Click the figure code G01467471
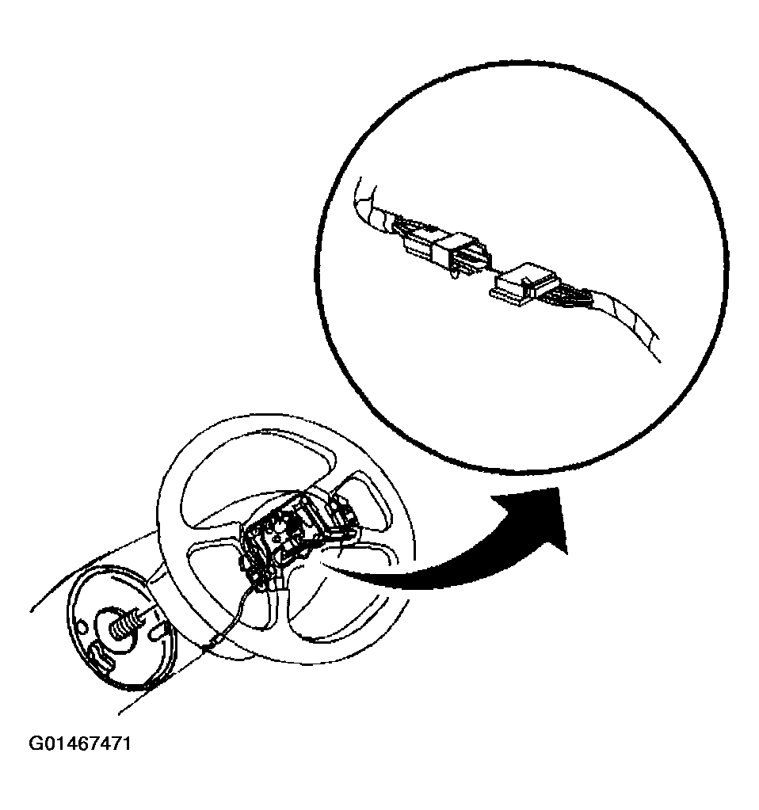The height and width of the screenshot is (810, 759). click(79, 743)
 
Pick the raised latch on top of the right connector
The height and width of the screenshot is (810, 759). click(528, 280)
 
